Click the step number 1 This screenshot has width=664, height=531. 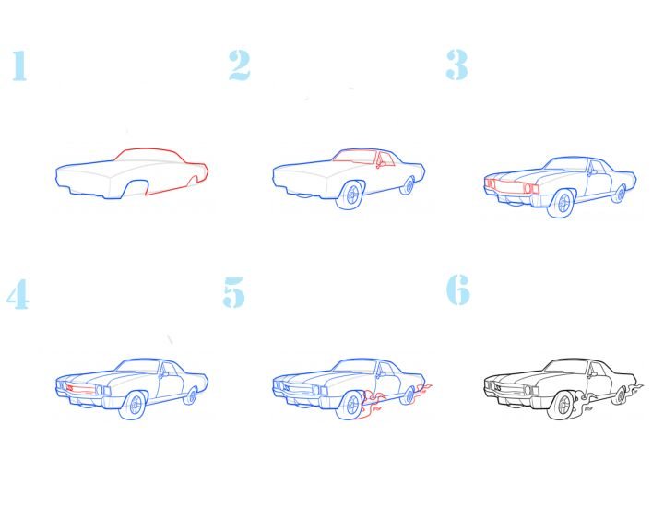coord(19,65)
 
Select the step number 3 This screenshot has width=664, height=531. coord(456,65)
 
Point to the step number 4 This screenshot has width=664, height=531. coord(18,294)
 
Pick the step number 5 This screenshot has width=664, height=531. coord(234,292)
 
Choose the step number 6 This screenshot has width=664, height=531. coord(458,289)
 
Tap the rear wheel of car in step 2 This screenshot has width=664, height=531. coord(409,185)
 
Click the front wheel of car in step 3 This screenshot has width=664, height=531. coord(562,203)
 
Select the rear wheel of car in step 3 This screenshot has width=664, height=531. coord(619,194)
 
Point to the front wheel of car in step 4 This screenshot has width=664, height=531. coord(134,406)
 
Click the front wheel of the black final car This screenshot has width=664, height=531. coord(562,406)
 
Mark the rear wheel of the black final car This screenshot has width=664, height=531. coord(620,395)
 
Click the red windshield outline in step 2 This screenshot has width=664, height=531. coord(355,156)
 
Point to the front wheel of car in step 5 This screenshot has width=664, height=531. coord(350,406)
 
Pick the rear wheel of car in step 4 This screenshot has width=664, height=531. coord(192,395)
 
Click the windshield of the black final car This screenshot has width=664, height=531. coord(567,367)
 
